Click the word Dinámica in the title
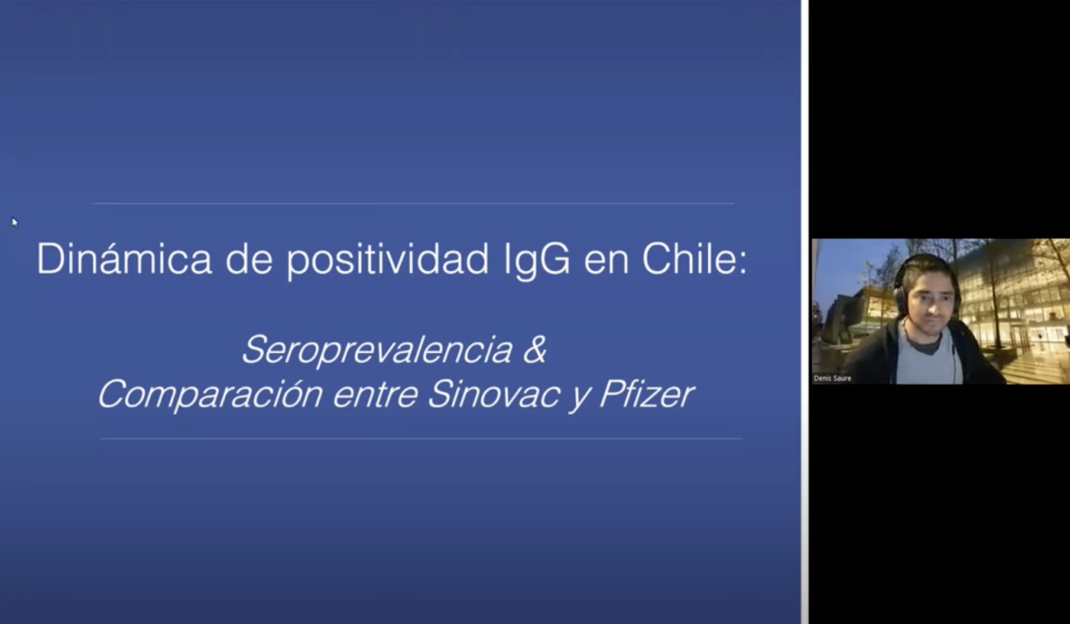point(124,258)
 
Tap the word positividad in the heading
point(388,260)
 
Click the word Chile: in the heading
point(695,258)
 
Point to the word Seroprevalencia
point(377,349)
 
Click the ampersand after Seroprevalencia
point(534,349)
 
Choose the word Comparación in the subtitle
point(210,394)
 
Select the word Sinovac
point(493,394)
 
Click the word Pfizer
point(646,394)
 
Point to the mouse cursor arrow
point(15,222)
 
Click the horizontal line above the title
point(413,203)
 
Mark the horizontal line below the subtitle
point(421,438)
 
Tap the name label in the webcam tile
point(832,378)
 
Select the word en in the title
point(606,262)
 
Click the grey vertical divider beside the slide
point(805,312)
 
